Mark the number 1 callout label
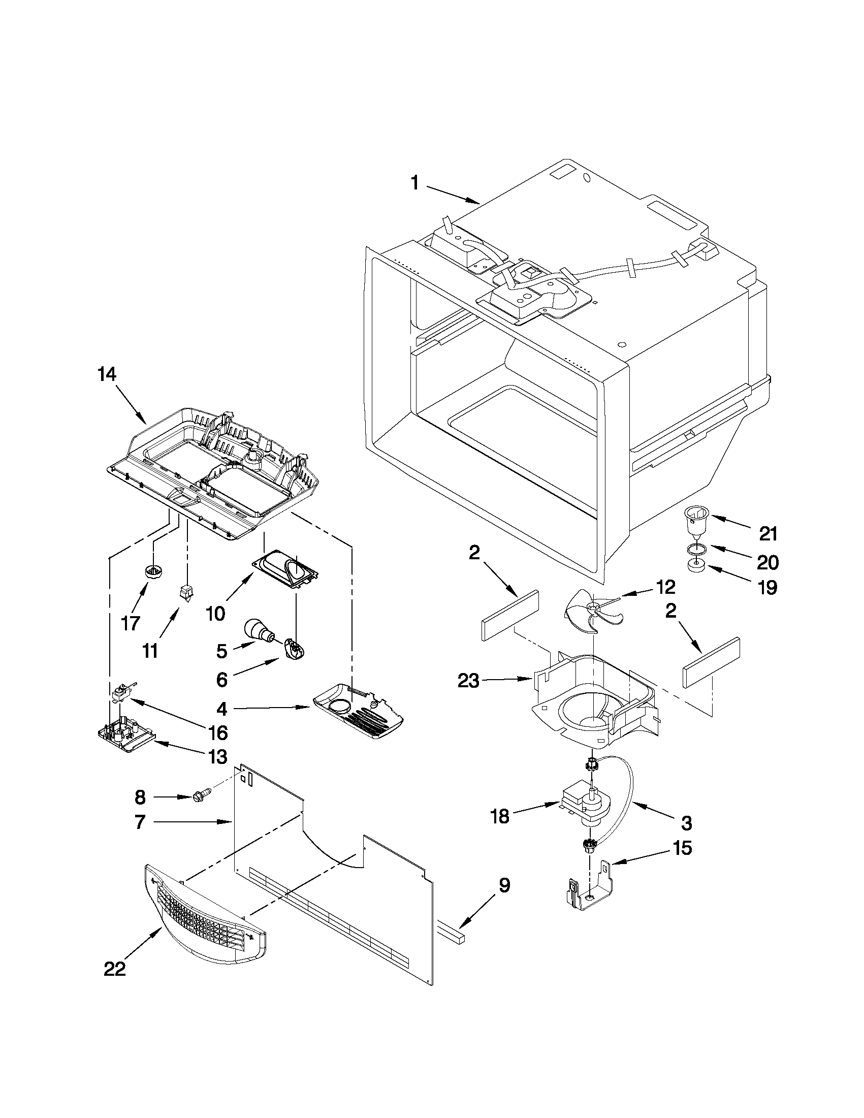pyautogui.click(x=415, y=183)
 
